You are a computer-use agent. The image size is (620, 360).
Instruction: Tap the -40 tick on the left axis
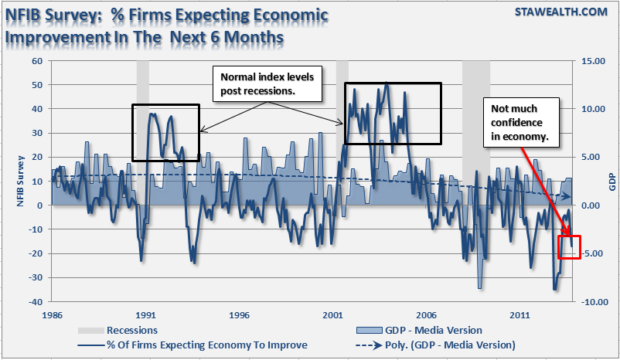coord(36,301)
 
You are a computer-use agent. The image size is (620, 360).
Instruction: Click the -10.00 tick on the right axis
coord(588,301)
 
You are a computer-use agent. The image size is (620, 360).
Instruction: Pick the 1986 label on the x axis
coord(52,315)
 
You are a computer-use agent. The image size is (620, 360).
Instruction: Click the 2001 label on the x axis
coord(333,315)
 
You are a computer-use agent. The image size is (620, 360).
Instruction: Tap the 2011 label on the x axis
coord(520,315)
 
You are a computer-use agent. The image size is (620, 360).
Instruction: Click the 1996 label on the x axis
coord(240,315)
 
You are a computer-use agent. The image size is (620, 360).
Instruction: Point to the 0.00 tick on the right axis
coord(591,205)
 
